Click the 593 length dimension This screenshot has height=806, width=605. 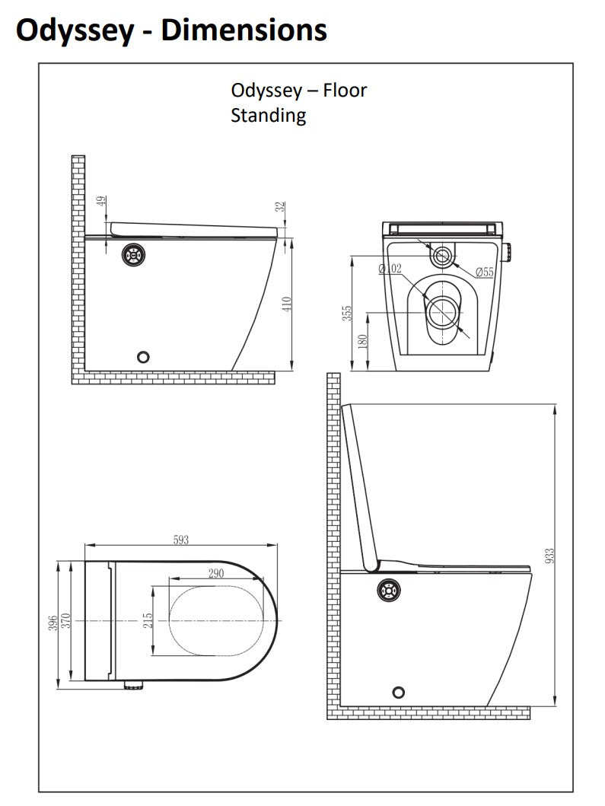click(181, 540)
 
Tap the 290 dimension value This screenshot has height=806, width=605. click(216, 573)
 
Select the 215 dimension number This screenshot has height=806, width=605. click(148, 620)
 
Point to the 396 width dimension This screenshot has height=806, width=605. click(53, 623)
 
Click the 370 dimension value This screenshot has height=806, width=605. click(65, 621)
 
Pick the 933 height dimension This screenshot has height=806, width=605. click(549, 556)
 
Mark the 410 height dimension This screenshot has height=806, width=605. click(288, 303)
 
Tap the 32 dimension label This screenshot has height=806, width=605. click(279, 207)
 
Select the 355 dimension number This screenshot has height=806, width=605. click(348, 313)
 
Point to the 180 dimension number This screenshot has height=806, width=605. click(362, 341)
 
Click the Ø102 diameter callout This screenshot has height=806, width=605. click(390, 268)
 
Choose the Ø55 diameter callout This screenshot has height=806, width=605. click(484, 272)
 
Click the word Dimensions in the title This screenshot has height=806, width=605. click(244, 30)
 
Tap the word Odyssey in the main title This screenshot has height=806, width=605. click(75, 31)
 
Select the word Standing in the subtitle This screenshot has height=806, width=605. click(269, 115)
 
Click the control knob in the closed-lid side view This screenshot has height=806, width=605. click(134, 254)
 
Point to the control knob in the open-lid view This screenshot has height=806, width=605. click(388, 590)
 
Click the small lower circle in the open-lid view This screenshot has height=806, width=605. click(398, 693)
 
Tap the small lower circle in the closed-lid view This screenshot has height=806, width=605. click(143, 357)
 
